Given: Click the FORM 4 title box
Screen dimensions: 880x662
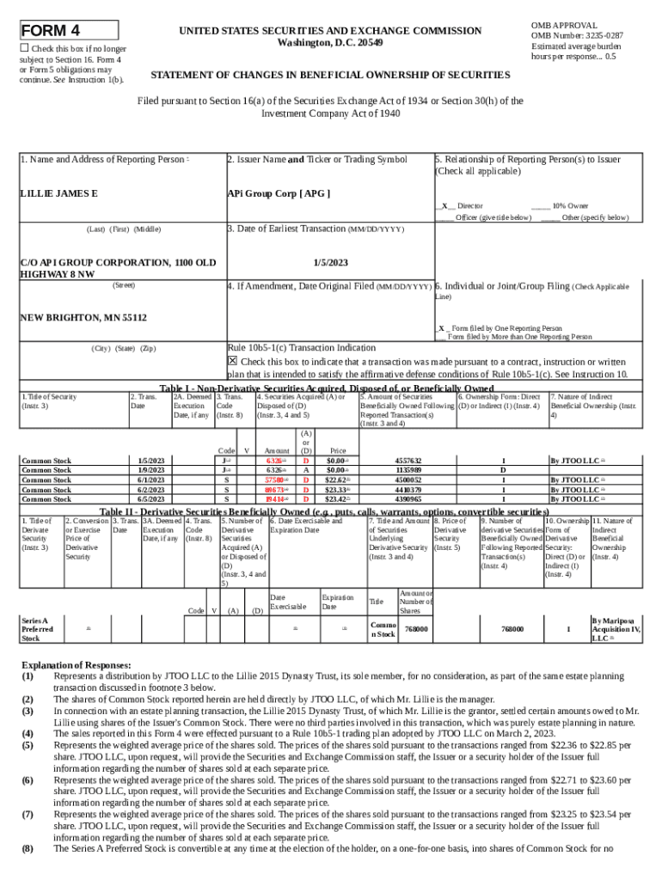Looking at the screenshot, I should coord(69,29).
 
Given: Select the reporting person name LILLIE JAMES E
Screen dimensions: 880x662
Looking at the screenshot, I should coord(58,192).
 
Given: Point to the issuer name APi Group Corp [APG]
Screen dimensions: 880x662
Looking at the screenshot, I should coord(278,192).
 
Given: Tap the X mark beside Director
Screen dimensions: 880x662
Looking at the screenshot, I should coord(444,206).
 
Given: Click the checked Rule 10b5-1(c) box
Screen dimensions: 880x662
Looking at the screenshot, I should coord(232,361).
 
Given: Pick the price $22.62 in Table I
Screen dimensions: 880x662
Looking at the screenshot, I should coord(337,480).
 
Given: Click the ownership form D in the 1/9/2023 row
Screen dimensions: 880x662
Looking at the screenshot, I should coord(503,471).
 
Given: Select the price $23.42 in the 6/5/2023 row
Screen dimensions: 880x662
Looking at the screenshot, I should coord(337,499).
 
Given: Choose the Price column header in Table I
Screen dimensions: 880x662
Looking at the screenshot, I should coord(338,450).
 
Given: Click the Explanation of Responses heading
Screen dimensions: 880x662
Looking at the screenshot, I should coord(76,665).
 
